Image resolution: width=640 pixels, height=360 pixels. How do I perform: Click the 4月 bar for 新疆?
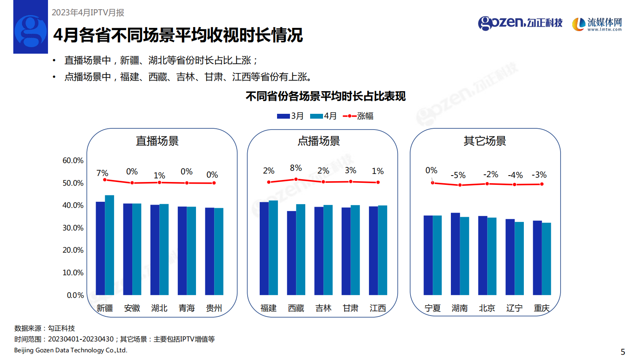109,245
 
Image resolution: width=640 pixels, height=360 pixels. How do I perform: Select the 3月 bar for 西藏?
292,253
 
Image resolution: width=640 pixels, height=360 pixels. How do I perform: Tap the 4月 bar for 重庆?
546,259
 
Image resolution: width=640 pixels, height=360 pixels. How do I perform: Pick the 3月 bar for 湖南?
455,254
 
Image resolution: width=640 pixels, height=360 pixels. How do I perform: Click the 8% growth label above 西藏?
296,168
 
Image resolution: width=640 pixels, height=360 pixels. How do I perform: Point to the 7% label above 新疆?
102,173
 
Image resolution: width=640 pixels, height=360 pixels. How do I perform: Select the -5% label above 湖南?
458,175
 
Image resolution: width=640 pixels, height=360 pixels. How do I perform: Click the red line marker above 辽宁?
514,184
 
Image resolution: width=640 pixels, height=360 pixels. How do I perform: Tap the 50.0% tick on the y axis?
73,183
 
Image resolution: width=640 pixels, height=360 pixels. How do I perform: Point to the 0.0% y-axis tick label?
75,295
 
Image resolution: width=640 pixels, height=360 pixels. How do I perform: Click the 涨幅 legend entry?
358,116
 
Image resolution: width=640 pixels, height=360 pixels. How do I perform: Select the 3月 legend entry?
290,116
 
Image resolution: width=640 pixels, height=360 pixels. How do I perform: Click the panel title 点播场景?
319,141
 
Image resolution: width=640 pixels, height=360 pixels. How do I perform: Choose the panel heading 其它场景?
484,141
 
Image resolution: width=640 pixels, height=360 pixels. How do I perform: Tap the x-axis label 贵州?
214,308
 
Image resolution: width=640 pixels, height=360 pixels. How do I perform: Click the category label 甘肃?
350,308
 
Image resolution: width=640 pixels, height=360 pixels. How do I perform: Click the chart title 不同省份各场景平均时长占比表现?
325,96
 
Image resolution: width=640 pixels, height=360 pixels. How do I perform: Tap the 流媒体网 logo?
597,24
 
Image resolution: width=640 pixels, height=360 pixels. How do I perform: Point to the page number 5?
623,352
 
